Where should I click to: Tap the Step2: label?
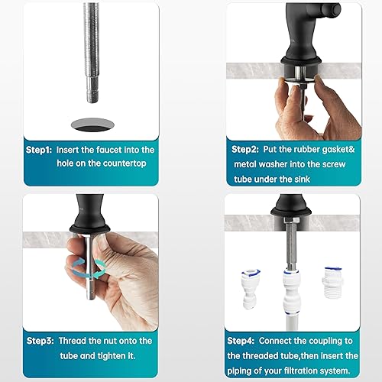click(x=242, y=150)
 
